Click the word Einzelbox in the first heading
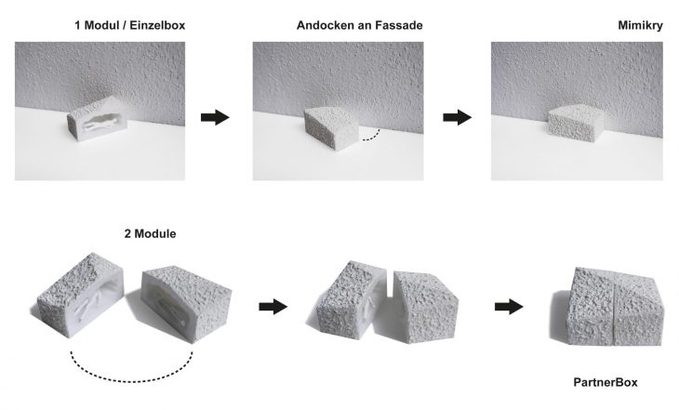click(157, 25)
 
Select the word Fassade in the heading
click(399, 25)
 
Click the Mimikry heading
click(640, 25)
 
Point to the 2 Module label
click(151, 233)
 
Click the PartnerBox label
click(606, 382)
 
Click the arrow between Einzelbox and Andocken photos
click(215, 117)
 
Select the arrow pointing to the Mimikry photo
click(458, 117)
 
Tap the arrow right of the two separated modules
click(273, 307)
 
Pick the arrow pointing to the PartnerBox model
click(509, 307)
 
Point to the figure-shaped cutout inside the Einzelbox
click(102, 121)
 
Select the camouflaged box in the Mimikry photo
click(575, 123)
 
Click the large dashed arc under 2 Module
click(131, 381)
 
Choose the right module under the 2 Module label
click(188, 303)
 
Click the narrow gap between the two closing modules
click(390, 284)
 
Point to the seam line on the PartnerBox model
click(614, 311)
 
